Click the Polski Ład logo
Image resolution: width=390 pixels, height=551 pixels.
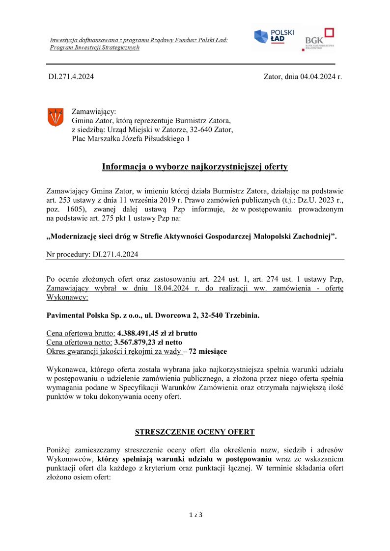coord(273,37)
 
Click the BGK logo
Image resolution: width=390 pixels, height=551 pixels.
coord(319,39)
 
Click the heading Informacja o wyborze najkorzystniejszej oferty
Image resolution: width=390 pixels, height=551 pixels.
coord(195,167)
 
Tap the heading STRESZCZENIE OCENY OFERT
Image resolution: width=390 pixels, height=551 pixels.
coord(195,432)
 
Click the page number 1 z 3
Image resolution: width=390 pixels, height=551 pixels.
coord(195,515)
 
